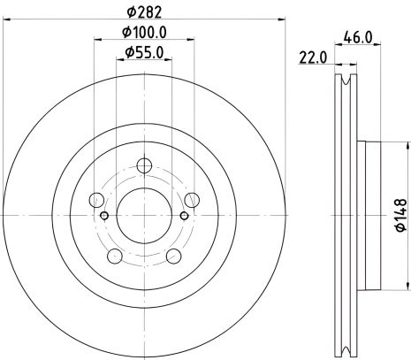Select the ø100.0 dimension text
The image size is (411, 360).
pyautogui.click(x=145, y=33)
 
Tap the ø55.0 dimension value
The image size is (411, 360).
pyautogui.click(x=145, y=54)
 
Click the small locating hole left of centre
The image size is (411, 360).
pyautogui.click(x=105, y=215)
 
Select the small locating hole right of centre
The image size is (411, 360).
pyautogui.click(x=184, y=215)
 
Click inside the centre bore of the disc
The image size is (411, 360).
pyautogui.click(x=145, y=213)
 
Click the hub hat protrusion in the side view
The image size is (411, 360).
pyautogui.click(x=371, y=213)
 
